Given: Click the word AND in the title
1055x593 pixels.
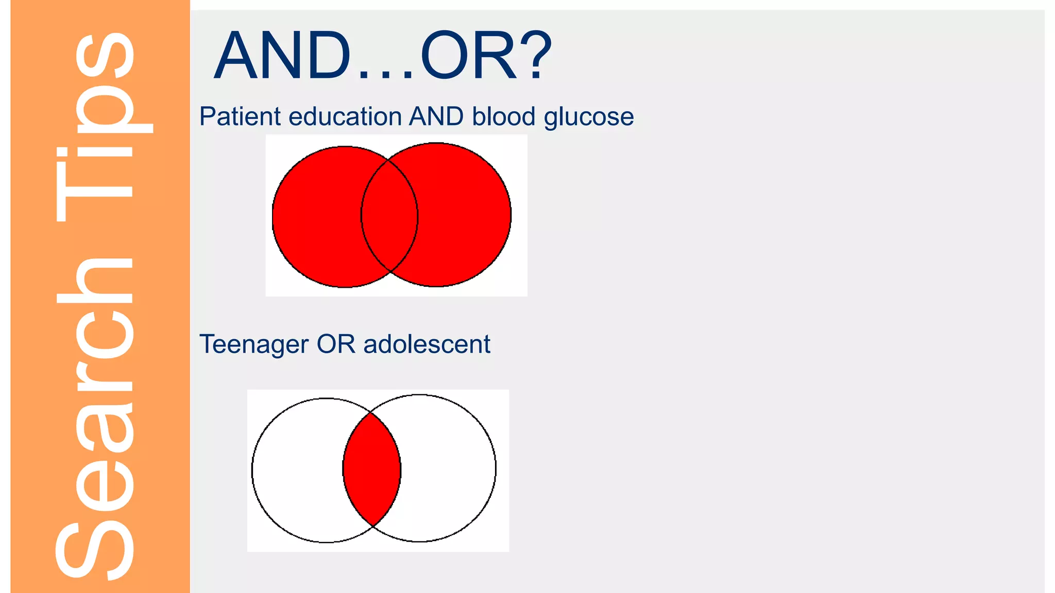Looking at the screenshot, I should (x=282, y=56).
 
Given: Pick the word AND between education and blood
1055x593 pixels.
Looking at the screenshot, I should (x=436, y=116).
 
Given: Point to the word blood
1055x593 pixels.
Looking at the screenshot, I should (x=504, y=116).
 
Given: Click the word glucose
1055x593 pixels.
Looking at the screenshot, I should (x=589, y=117).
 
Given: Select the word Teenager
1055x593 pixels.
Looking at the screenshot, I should (x=253, y=344).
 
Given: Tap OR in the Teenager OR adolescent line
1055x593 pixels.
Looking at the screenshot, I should (x=336, y=344).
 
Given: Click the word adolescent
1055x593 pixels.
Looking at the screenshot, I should (x=427, y=344).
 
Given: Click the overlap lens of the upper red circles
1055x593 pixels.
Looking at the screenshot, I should (x=389, y=216).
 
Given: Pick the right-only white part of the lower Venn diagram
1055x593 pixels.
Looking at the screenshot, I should (x=448, y=468).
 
